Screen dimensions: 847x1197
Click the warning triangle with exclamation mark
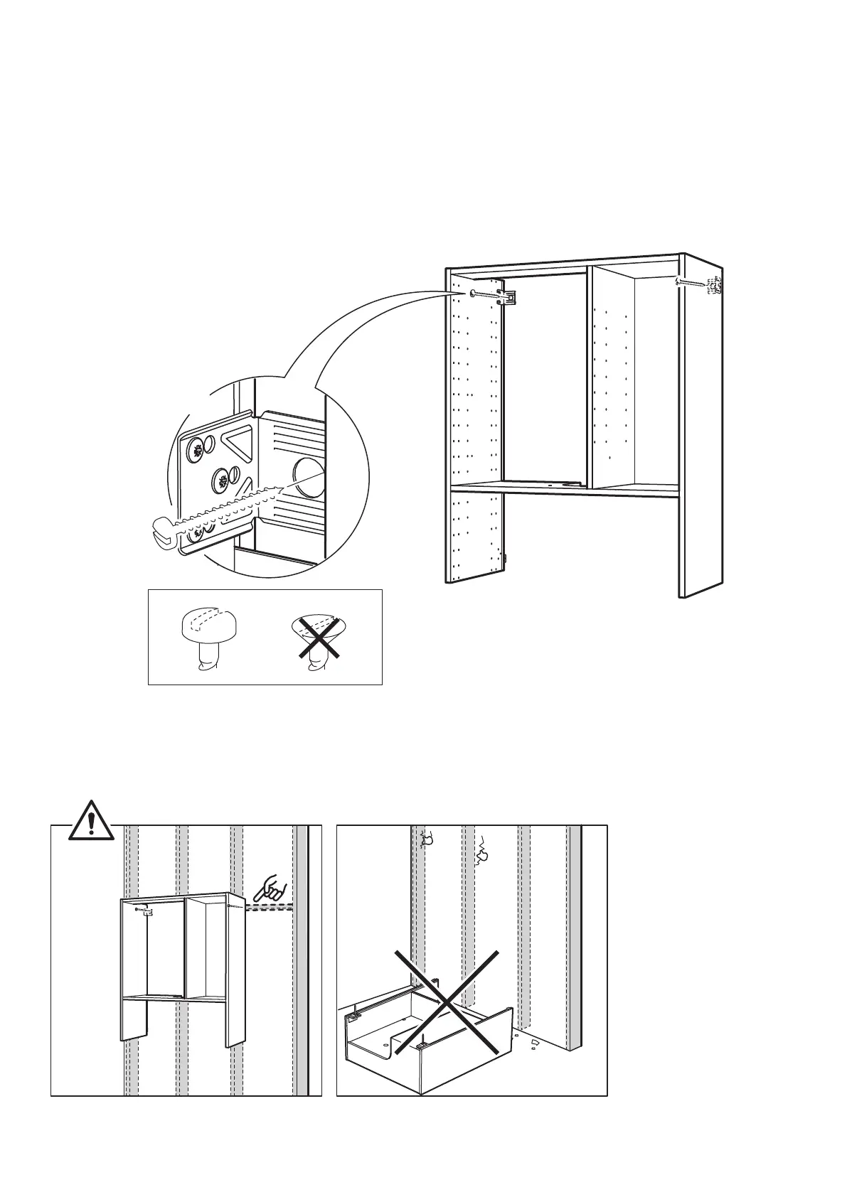click(x=91, y=822)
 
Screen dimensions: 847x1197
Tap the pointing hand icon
click(x=272, y=889)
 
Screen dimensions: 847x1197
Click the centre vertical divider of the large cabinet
click(x=588, y=377)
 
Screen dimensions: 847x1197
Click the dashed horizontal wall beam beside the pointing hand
click(x=270, y=908)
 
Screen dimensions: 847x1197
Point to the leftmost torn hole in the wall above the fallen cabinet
click(x=428, y=840)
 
